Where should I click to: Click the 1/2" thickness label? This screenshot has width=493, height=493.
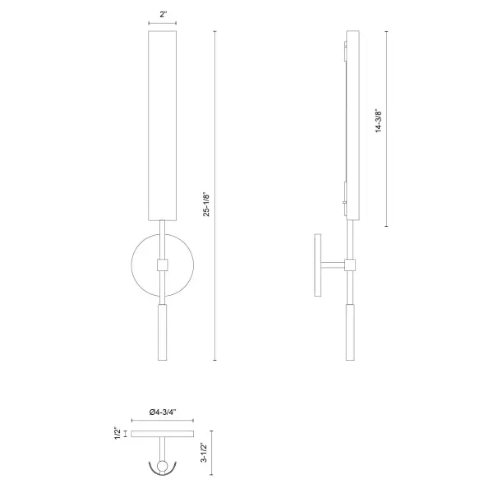tap(117, 431)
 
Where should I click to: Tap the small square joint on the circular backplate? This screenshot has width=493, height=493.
tap(162, 265)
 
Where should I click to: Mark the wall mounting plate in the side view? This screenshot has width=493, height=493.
tap(316, 265)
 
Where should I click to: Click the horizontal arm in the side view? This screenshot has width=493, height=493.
tap(333, 265)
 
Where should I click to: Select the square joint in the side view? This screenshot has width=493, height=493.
tap(351, 265)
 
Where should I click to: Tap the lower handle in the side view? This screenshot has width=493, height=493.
tap(351, 333)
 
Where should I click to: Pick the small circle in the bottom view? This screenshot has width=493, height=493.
tap(162, 468)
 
